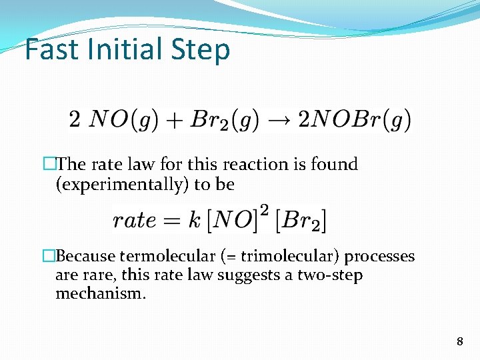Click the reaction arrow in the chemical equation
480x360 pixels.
[x=279, y=120]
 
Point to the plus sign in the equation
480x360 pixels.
[x=174, y=121]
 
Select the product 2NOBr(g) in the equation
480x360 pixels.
[x=354, y=120]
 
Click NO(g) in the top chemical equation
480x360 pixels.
[x=123, y=120]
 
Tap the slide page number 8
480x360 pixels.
[x=459, y=342]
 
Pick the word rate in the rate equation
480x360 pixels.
[x=135, y=220]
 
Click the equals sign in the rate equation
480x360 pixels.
[x=173, y=221]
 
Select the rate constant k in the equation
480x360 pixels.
[x=195, y=219]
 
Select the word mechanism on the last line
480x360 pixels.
[x=100, y=293]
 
